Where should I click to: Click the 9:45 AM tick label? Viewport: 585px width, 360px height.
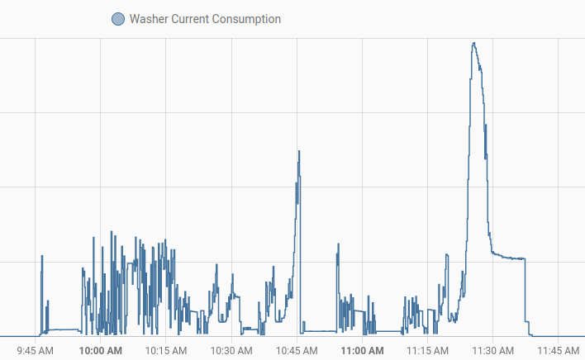pyautogui.click(x=36, y=350)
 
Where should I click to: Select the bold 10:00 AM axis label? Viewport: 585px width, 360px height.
pyautogui.click(x=101, y=350)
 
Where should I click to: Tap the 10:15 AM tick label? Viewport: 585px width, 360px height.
pyautogui.click(x=166, y=350)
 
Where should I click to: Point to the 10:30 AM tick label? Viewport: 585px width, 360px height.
pyautogui.click(x=231, y=350)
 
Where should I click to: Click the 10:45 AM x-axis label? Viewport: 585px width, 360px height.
pyautogui.click(x=297, y=350)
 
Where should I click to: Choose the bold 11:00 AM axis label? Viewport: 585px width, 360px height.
pyautogui.click(x=362, y=350)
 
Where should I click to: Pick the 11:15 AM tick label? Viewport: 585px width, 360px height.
pyautogui.click(x=427, y=350)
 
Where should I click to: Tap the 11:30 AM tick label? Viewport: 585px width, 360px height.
pyautogui.click(x=492, y=350)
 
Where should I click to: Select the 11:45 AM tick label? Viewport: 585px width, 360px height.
pyautogui.click(x=558, y=350)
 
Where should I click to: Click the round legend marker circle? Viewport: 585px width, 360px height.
pyautogui.click(x=117, y=19)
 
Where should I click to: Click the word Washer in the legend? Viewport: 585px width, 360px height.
pyautogui.click(x=149, y=19)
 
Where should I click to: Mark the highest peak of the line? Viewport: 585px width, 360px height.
pyautogui.click(x=473, y=43)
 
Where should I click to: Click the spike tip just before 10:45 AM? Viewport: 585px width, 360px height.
pyautogui.click(x=299, y=151)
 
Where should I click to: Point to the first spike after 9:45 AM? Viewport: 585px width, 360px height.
pyautogui.click(x=42, y=256)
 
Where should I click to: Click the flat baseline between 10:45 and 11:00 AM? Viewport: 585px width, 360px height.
pyautogui.click(x=318, y=331)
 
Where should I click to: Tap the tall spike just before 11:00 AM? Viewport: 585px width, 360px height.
pyautogui.click(x=337, y=244)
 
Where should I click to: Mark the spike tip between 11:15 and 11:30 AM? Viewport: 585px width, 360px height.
pyautogui.click(x=447, y=255)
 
